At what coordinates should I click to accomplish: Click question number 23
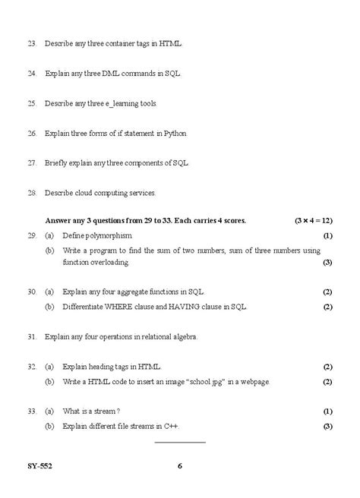click(31, 44)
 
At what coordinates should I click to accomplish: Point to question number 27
click(31, 162)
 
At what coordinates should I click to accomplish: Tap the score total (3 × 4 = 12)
click(314, 220)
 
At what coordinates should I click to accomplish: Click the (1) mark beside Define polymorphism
click(327, 236)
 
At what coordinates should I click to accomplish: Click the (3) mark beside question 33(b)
click(327, 426)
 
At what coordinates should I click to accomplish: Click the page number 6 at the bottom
click(180, 466)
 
